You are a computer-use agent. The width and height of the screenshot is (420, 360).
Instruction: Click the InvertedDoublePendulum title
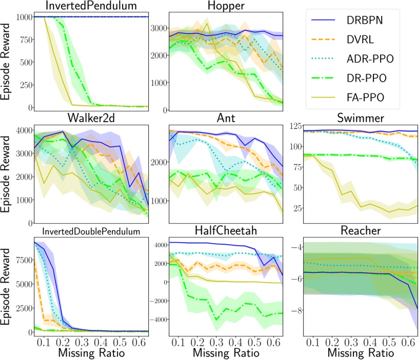(87, 231)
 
